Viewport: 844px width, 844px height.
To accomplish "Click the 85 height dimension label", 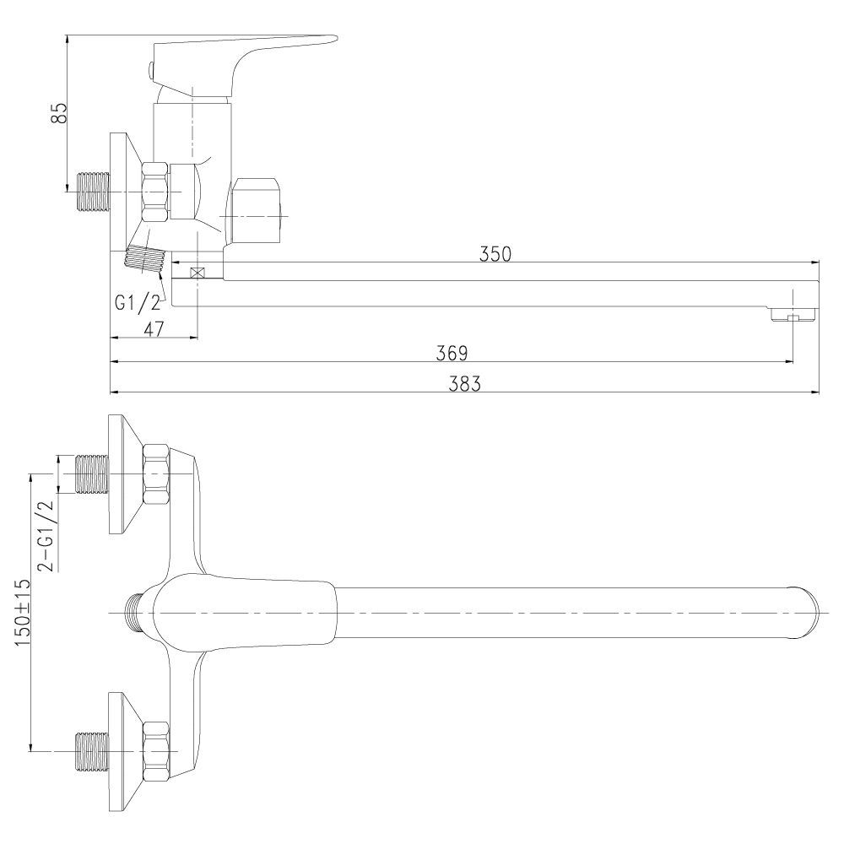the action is click(x=60, y=112).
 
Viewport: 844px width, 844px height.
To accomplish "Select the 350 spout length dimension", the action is click(x=495, y=254).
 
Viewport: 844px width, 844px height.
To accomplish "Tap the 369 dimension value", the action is click(x=452, y=353).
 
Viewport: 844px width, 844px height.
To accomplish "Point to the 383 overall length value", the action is click(x=464, y=384).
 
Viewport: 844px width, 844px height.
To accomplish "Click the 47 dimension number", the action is click(x=154, y=329).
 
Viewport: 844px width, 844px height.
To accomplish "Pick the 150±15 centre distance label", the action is click(x=23, y=613).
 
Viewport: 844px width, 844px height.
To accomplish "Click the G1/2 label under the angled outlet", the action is click(x=138, y=303).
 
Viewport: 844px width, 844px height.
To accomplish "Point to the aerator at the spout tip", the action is click(x=795, y=314).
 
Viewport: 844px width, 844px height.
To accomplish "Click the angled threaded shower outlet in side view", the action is click(x=145, y=259).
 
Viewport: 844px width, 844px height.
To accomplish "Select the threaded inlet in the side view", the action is click(x=95, y=192).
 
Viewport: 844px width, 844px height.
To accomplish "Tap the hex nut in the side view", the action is click(x=155, y=192).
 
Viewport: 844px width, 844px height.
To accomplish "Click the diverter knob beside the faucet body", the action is click(x=257, y=212).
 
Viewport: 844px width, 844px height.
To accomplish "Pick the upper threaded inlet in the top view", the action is click(x=91, y=474).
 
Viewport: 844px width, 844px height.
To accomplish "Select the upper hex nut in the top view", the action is click(x=156, y=474).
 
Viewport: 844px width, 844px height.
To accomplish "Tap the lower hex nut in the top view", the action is click(x=156, y=751).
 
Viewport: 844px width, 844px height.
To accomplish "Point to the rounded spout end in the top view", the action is click(x=805, y=613).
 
